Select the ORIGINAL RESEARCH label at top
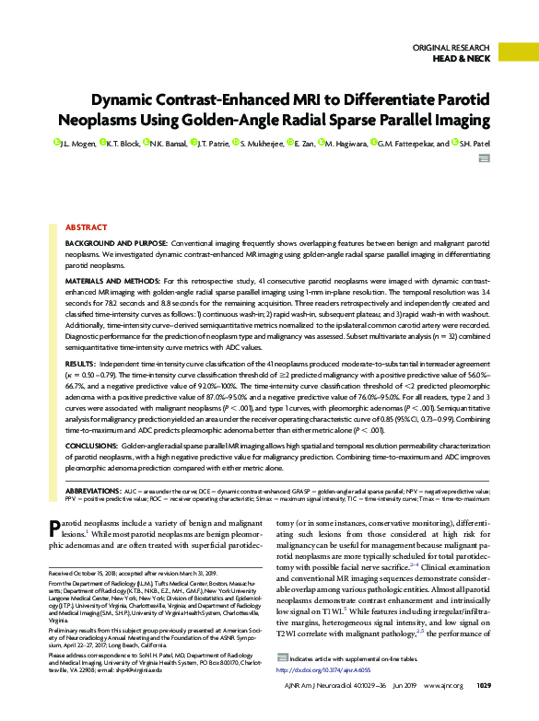(x=452, y=46)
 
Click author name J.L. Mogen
(x=80, y=144)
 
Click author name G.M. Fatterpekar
(x=408, y=144)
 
